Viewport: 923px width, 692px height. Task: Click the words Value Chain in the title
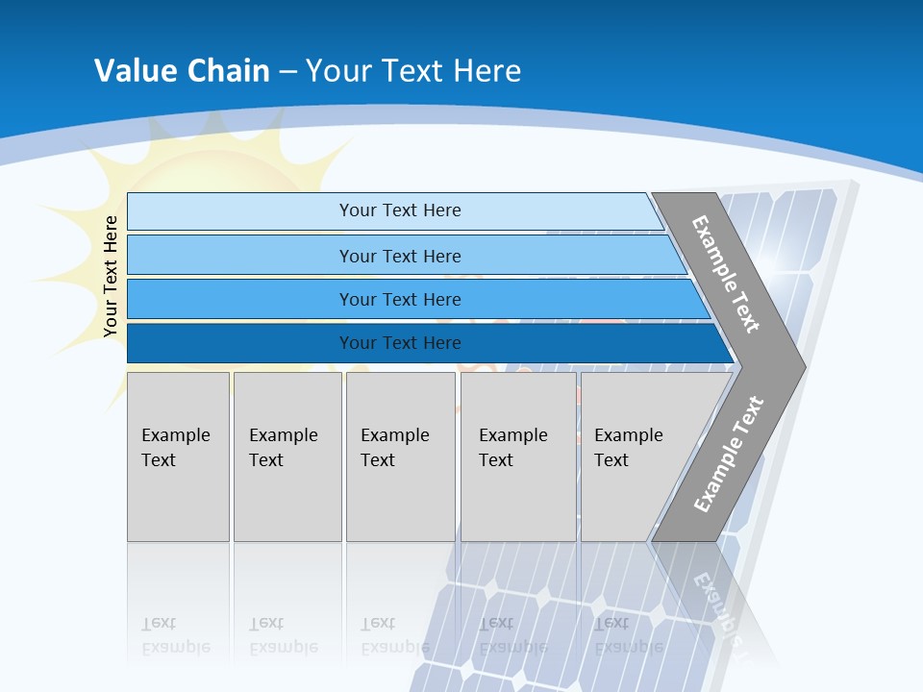182,70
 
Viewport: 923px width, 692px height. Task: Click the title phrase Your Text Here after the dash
413,70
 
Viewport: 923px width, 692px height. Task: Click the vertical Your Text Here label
111,276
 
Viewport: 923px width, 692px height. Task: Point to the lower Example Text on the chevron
729,454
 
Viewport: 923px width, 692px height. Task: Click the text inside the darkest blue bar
400,343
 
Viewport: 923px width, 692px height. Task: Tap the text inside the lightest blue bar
400,210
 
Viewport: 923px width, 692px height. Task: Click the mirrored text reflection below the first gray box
175,635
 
